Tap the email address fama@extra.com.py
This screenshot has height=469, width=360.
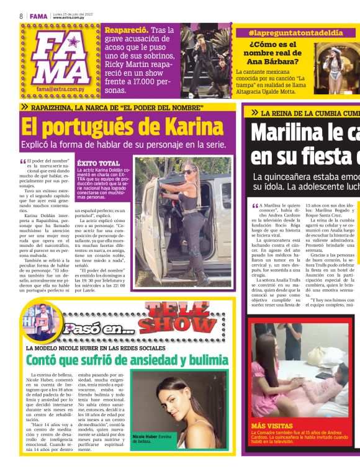click(x=59, y=89)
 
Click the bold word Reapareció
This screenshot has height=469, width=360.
click(x=126, y=29)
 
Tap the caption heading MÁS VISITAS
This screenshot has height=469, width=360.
click(x=271, y=426)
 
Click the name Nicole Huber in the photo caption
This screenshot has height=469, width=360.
click(x=145, y=437)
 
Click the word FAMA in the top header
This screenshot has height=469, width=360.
click(x=38, y=16)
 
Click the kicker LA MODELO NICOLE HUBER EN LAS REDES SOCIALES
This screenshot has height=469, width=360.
click(x=96, y=348)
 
